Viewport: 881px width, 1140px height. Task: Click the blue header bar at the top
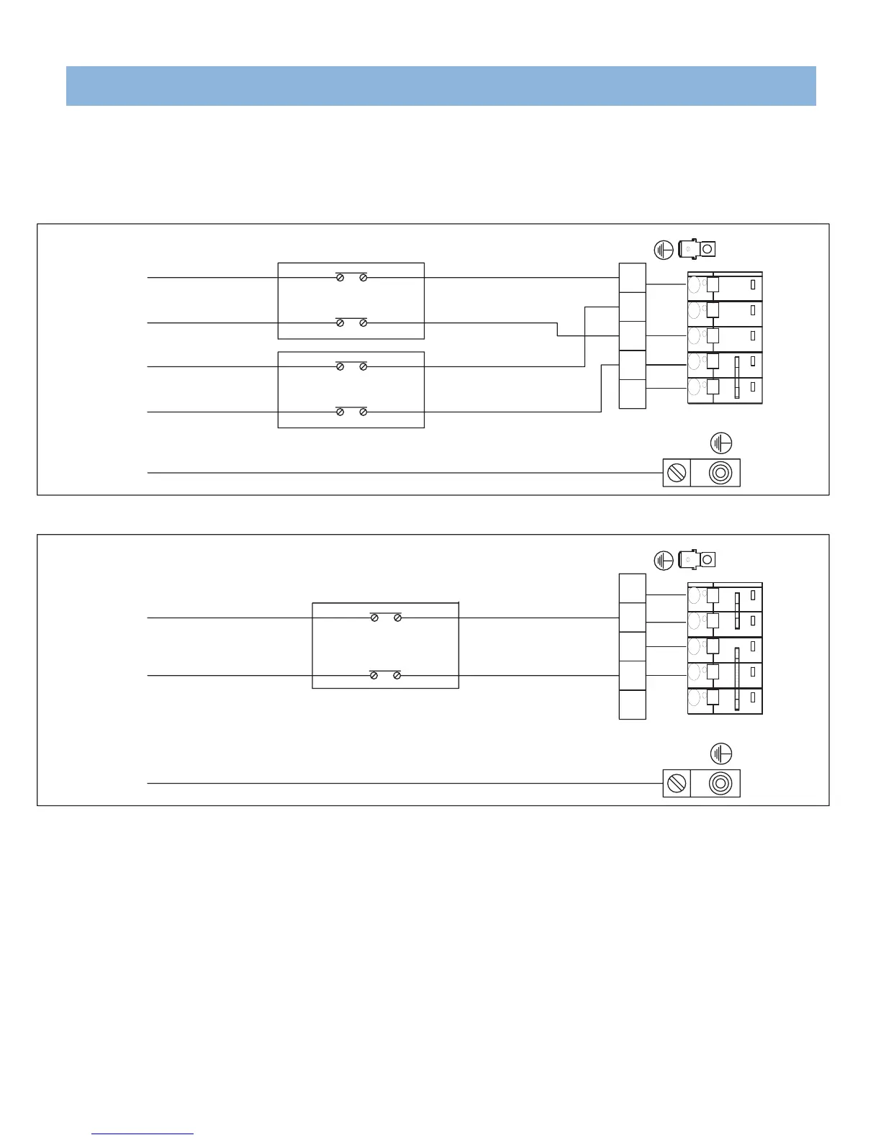tap(440, 86)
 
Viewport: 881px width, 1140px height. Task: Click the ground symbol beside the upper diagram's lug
tap(664, 250)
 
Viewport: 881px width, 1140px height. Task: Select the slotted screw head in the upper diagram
tap(677, 473)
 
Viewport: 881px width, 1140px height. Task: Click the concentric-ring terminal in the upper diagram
tap(719, 473)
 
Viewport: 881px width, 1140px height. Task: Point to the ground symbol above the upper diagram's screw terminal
tap(720, 442)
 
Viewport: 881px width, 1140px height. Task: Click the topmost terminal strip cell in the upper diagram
tap(632, 278)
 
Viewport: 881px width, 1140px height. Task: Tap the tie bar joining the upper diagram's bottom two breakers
tap(736, 377)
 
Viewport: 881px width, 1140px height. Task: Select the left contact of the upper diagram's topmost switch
tap(340, 277)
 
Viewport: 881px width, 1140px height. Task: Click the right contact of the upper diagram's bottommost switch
tap(363, 412)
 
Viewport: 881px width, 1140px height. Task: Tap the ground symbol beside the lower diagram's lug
tap(664, 560)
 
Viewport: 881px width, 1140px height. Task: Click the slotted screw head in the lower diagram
tap(677, 783)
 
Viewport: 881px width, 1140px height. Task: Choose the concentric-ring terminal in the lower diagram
tap(719, 783)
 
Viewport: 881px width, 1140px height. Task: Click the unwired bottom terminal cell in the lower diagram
tap(632, 705)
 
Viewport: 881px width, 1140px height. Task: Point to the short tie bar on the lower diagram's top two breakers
tap(736, 610)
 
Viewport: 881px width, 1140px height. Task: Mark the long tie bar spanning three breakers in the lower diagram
tap(736, 679)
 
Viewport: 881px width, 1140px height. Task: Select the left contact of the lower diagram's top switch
tap(374, 617)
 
